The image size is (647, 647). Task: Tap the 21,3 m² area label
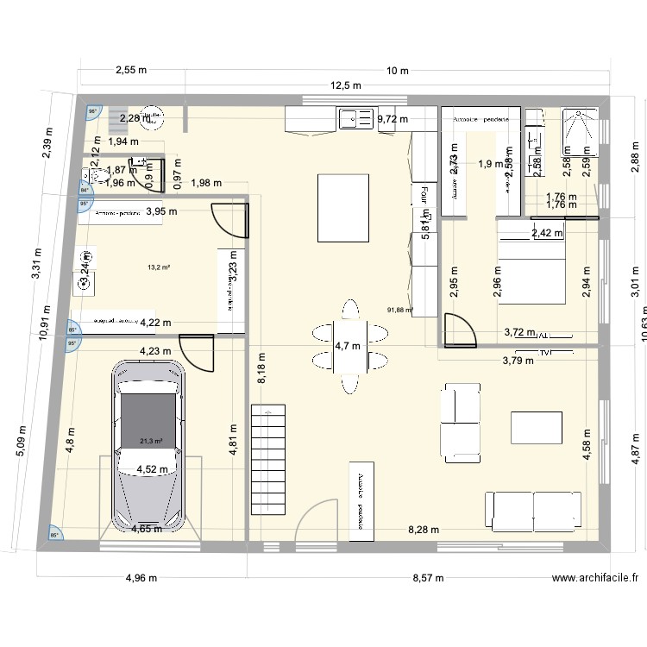[152, 441]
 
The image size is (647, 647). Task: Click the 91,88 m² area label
[400, 310]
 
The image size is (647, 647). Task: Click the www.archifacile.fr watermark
[594, 580]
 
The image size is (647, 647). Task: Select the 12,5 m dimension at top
[344, 85]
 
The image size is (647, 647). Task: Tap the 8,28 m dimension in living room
[423, 530]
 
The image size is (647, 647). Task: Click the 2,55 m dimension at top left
[132, 71]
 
